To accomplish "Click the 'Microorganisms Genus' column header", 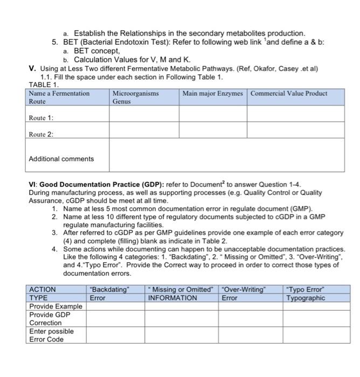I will (x=135, y=97).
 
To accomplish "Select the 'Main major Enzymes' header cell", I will (x=212, y=93).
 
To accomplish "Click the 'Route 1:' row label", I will (x=41, y=117).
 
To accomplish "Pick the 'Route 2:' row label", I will (x=41, y=134).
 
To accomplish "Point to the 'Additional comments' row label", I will (x=61, y=159).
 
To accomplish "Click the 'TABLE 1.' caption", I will (x=44, y=85).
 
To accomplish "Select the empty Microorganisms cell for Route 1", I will (x=144, y=114).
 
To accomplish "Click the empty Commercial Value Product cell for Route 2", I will (x=295, y=130).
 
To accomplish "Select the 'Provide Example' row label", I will (x=56, y=306).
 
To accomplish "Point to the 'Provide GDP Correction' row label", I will (x=49, y=318).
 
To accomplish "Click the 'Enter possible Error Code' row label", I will (x=51, y=335).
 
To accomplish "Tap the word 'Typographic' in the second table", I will (x=306, y=298).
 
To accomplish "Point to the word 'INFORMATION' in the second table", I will (x=172, y=298).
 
